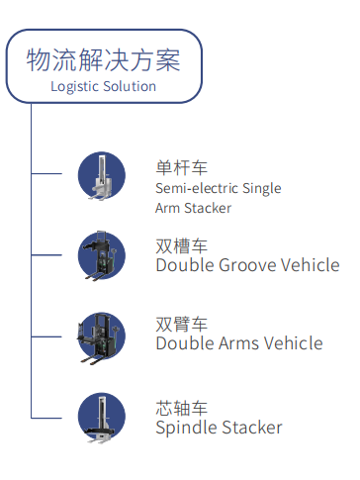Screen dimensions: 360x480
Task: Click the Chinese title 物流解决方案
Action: [x=104, y=59]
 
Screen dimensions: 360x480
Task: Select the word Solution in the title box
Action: [x=132, y=86]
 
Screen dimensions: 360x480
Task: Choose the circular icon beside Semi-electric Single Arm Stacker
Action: [x=102, y=175]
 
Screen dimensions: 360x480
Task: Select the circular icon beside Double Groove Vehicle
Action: [x=102, y=254]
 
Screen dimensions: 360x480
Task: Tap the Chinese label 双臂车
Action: [x=182, y=324]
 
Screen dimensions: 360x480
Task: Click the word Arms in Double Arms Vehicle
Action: [x=243, y=343]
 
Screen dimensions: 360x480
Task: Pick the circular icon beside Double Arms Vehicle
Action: [x=102, y=334]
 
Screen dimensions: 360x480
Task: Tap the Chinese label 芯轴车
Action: [x=182, y=408]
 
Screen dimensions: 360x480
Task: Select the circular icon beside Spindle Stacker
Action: [x=102, y=417]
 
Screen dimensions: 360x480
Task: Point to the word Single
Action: [x=262, y=188]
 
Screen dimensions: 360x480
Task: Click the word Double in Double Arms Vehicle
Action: [x=185, y=343]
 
